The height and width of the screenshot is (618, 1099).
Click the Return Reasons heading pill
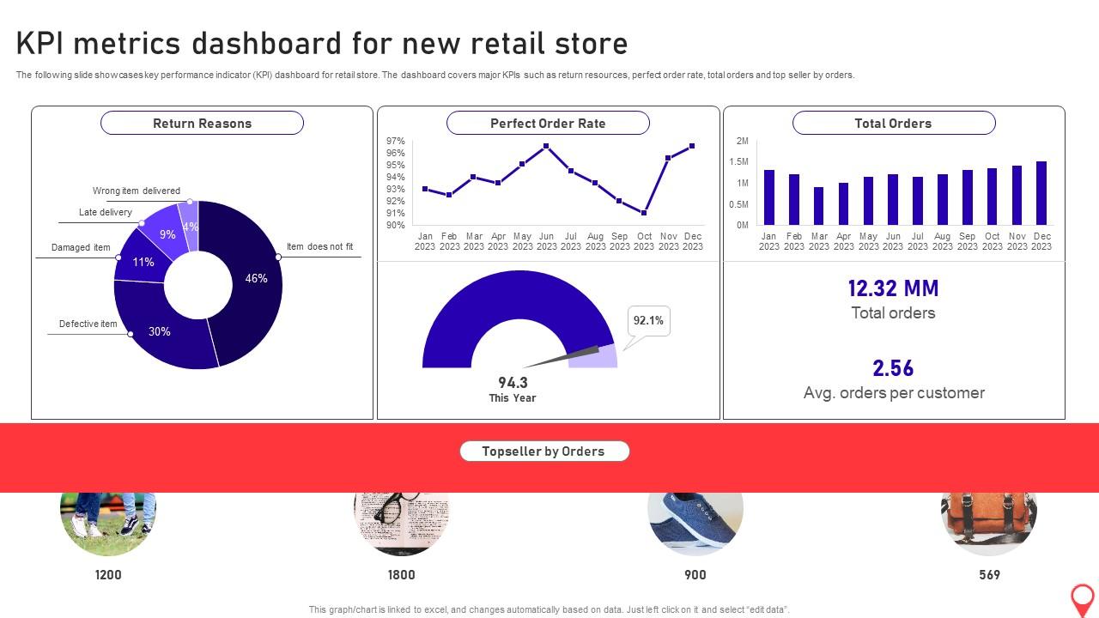click(x=202, y=124)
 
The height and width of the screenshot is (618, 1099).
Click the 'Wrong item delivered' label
click(x=137, y=191)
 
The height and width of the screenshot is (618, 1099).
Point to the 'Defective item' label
click(x=88, y=324)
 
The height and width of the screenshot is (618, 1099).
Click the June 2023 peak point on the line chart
click(x=546, y=146)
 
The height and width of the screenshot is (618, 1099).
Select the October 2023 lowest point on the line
click(x=644, y=213)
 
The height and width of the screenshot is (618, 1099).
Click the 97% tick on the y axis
click(x=395, y=141)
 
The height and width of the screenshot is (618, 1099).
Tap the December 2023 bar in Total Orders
click(x=1041, y=193)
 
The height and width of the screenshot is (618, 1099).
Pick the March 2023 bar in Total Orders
click(x=819, y=206)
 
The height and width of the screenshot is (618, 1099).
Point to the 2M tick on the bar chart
click(x=742, y=141)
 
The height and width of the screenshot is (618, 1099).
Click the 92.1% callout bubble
click(x=648, y=321)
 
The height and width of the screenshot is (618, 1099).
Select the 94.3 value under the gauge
click(x=513, y=383)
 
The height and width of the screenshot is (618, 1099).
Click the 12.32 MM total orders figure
click(x=893, y=288)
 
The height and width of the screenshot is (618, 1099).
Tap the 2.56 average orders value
click(x=893, y=368)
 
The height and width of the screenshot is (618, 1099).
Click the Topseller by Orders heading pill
click(x=544, y=451)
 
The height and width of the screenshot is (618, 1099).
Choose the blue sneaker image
click(x=695, y=519)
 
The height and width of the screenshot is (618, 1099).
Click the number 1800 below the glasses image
click(x=401, y=575)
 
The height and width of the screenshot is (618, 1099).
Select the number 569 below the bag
click(x=989, y=575)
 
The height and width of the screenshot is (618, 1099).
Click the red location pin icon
click(x=1083, y=598)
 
